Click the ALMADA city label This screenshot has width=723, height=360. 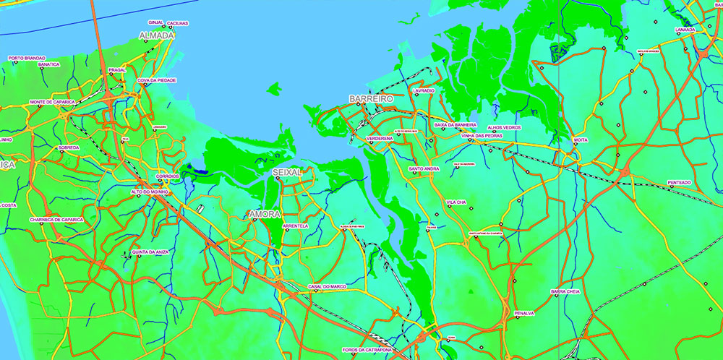(x=157, y=35)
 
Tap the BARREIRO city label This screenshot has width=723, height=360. (x=370, y=98)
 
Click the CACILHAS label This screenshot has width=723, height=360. (x=177, y=23)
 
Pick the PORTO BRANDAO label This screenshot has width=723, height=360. (x=27, y=58)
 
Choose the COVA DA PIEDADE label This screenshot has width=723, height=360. (x=156, y=80)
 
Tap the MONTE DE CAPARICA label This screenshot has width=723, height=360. (x=52, y=102)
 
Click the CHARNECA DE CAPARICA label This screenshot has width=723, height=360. (x=56, y=219)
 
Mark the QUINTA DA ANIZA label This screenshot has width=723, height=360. (x=150, y=252)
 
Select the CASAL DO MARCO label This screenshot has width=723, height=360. (x=327, y=286)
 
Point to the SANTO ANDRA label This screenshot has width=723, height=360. (x=424, y=168)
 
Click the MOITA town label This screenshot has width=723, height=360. (x=580, y=139)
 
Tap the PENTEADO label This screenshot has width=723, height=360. (x=679, y=182)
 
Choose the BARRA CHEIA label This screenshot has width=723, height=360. (x=565, y=291)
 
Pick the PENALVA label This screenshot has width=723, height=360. (x=524, y=313)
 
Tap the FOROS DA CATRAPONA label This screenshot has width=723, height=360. (x=367, y=349)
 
